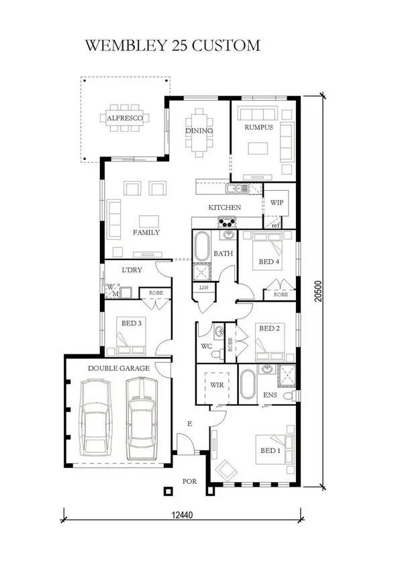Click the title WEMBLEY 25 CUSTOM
click(173, 46)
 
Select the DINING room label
click(199, 130)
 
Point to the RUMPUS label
click(258, 127)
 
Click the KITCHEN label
click(224, 207)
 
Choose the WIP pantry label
click(277, 202)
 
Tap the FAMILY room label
click(146, 233)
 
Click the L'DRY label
click(130, 270)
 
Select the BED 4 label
click(269, 261)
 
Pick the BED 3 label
click(131, 323)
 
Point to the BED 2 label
click(268, 329)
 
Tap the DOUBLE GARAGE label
click(119, 368)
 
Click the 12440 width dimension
click(178, 516)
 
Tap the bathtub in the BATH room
click(201, 248)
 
